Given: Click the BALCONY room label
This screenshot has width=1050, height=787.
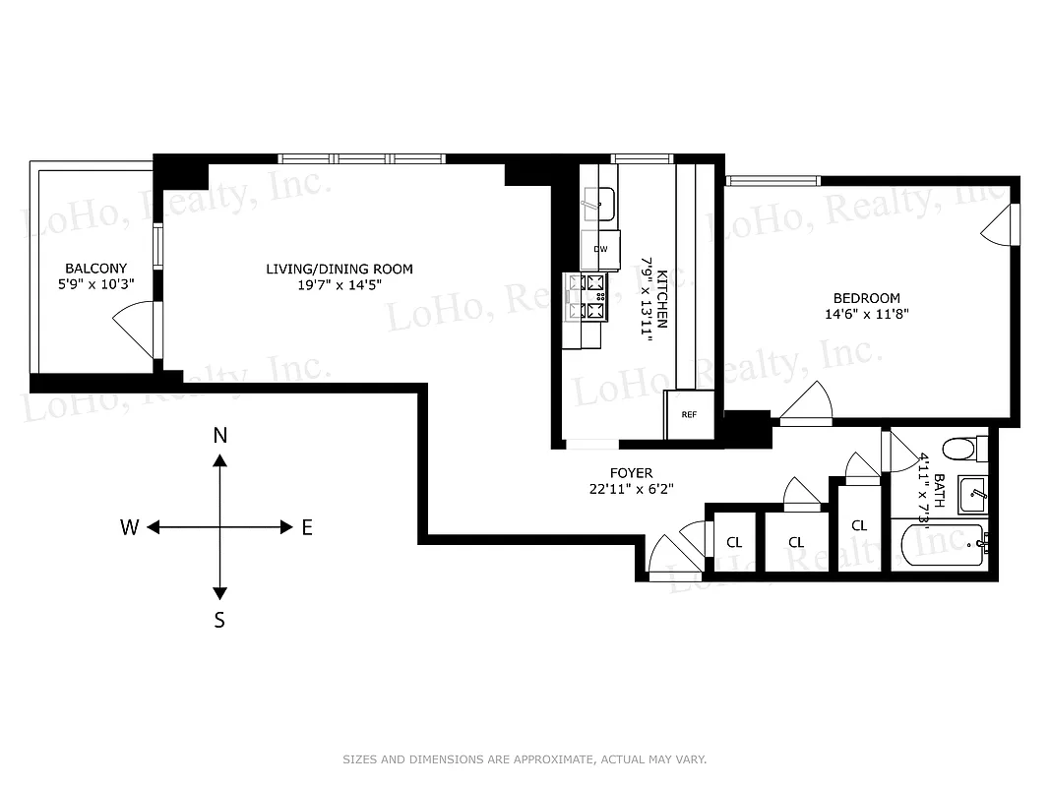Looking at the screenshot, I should pos(95,268).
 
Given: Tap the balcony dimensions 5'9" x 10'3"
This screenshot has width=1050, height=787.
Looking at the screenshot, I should pos(95,284).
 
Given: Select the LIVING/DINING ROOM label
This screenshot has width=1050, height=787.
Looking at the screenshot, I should pos(340,269).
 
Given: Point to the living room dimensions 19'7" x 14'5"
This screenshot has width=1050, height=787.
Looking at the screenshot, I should pos(340,284).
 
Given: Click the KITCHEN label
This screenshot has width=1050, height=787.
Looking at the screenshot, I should pos(663,298).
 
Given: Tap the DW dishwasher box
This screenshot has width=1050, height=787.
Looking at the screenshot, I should pos(600,250).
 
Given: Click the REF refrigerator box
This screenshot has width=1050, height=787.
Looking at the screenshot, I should pos(689,414).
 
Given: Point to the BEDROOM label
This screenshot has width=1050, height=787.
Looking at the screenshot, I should pos(866,298).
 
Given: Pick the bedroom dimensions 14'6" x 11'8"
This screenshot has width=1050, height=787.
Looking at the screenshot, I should pos(866,314).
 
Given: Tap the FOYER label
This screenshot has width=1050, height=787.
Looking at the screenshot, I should pos(630,473).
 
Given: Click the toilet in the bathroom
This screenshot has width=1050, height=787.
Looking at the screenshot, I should pos(962,450).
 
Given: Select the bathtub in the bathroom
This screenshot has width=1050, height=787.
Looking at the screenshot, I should pos(939,544).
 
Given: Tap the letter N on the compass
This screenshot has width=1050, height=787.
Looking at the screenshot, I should pos(220,436).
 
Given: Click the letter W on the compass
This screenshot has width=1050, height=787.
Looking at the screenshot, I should pos(129,527).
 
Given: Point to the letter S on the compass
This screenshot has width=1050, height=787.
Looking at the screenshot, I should pos(220,620).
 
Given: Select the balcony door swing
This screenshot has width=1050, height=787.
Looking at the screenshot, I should pos(135,331).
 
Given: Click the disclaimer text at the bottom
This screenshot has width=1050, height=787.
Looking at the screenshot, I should pos(525,759).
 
